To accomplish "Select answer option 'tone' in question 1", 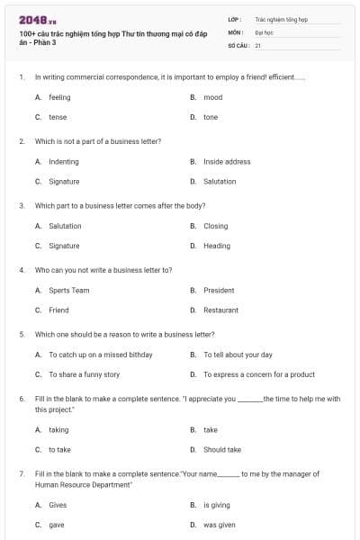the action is [210, 117].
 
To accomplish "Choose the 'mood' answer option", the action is [212, 97].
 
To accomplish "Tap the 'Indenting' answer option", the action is [63, 162].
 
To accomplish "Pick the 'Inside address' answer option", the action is [227, 162].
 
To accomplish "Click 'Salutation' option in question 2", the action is [220, 182].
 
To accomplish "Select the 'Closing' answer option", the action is [215, 226].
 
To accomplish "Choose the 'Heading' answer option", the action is [216, 246].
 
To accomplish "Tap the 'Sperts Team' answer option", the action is [68, 291].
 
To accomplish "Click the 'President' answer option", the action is [219, 291].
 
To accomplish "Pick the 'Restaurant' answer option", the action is [220, 310].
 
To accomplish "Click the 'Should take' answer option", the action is [221, 449].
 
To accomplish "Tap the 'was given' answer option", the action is [219, 525].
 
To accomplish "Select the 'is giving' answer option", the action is [216, 505].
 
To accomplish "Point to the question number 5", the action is [21, 334].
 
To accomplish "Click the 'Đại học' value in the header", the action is [264, 31].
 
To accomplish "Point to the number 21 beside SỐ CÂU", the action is [258, 44].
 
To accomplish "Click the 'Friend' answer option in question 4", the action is [58, 310].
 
